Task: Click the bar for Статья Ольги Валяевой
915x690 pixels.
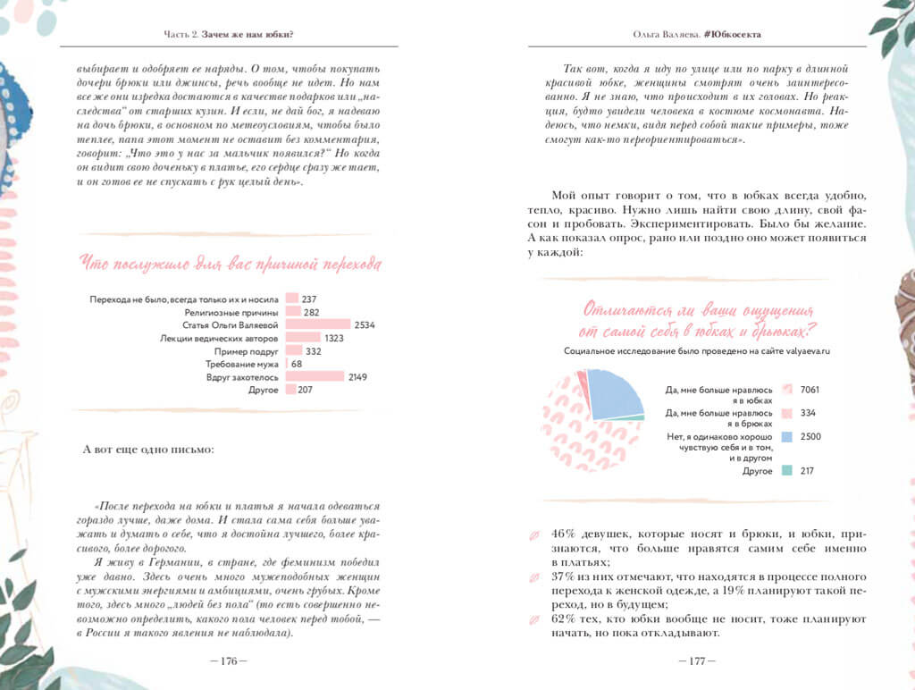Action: pos(317,325)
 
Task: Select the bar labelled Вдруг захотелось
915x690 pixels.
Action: pos(315,377)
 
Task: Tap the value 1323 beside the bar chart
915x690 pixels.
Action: pos(335,339)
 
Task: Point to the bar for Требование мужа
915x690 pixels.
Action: pos(286,365)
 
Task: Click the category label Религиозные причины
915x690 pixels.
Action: pos(231,313)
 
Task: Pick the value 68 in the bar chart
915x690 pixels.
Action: pos(297,365)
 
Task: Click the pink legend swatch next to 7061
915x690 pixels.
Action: pos(786,390)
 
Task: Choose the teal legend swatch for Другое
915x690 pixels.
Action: pos(786,470)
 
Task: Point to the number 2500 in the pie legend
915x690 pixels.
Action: pos(810,436)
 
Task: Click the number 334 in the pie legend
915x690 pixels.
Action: pos(810,413)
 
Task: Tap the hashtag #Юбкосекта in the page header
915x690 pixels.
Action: pos(738,35)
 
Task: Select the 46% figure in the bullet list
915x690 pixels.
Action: pos(565,534)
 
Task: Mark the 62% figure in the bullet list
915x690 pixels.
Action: pos(565,618)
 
